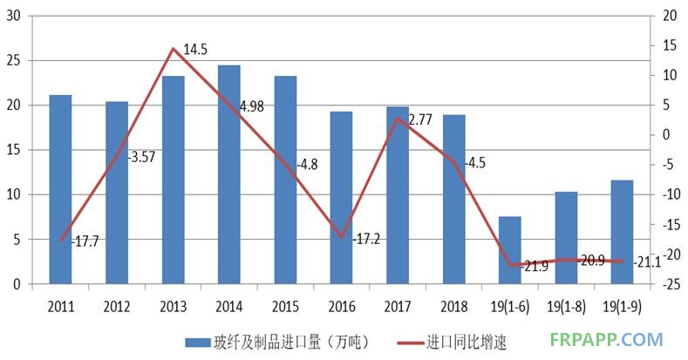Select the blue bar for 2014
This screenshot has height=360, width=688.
click(229, 174)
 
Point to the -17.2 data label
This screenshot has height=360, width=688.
click(367, 237)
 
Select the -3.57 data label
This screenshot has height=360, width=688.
click(141, 158)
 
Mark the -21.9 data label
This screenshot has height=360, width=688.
click(534, 266)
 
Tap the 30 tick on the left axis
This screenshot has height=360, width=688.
click(14, 16)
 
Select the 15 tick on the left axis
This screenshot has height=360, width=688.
click(14, 150)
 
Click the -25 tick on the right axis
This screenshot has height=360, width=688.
click(670, 284)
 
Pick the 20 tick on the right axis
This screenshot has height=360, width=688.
click(670, 16)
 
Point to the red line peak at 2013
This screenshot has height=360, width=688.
click(174, 49)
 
